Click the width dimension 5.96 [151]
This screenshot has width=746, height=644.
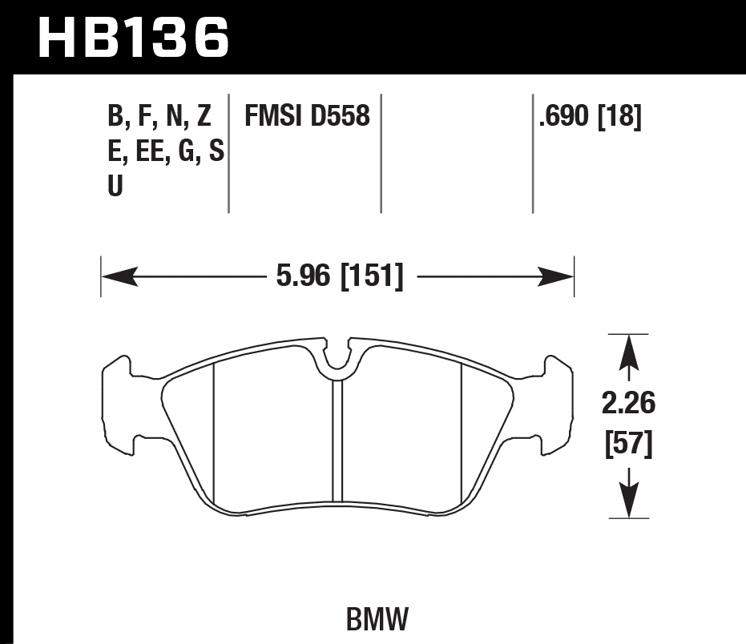[x=338, y=278]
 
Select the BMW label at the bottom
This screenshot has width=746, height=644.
[x=377, y=618]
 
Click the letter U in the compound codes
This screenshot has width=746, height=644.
[x=115, y=187]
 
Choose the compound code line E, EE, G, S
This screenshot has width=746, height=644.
[x=165, y=152]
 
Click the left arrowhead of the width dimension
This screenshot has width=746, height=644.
[x=115, y=278]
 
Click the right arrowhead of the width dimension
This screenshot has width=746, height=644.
[x=559, y=278]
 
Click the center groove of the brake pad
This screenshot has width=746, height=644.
[x=337, y=441]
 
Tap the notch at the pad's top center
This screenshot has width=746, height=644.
[x=337, y=356]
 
